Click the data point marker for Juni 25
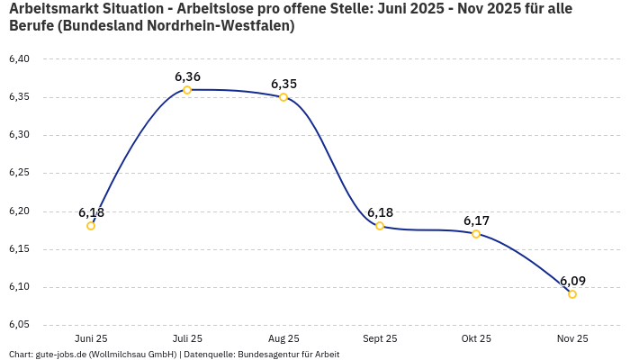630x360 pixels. tap(91, 226)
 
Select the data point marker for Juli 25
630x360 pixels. tap(187, 90)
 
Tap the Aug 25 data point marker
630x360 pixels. tap(283, 97)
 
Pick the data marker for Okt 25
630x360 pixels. tap(476, 234)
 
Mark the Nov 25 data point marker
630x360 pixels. tap(572, 294)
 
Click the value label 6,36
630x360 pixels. tap(187, 76)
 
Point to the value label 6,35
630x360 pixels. tap(283, 84)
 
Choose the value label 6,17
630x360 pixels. tap(476, 220)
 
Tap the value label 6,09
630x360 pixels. tap(572, 281)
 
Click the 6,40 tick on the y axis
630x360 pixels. tap(19, 59)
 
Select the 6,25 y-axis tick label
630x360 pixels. tap(19, 173)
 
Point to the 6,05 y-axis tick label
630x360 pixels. tap(19, 325)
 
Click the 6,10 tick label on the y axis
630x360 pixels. tap(19, 287)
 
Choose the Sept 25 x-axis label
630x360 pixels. tap(380, 339)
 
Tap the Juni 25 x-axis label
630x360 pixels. tap(91, 339)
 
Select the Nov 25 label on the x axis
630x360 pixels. tap(572, 339)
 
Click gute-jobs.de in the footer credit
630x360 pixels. tap(62, 355)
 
